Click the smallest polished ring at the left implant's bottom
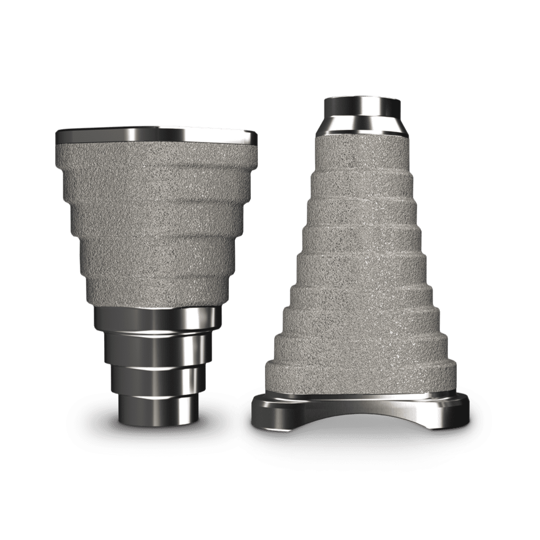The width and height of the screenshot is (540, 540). coord(156,410)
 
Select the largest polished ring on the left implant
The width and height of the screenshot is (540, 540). coord(157,319)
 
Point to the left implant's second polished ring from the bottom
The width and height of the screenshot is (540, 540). coord(156,379)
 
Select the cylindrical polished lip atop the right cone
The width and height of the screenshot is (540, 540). coord(361,105)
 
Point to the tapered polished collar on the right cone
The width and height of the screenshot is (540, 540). coord(361,125)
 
